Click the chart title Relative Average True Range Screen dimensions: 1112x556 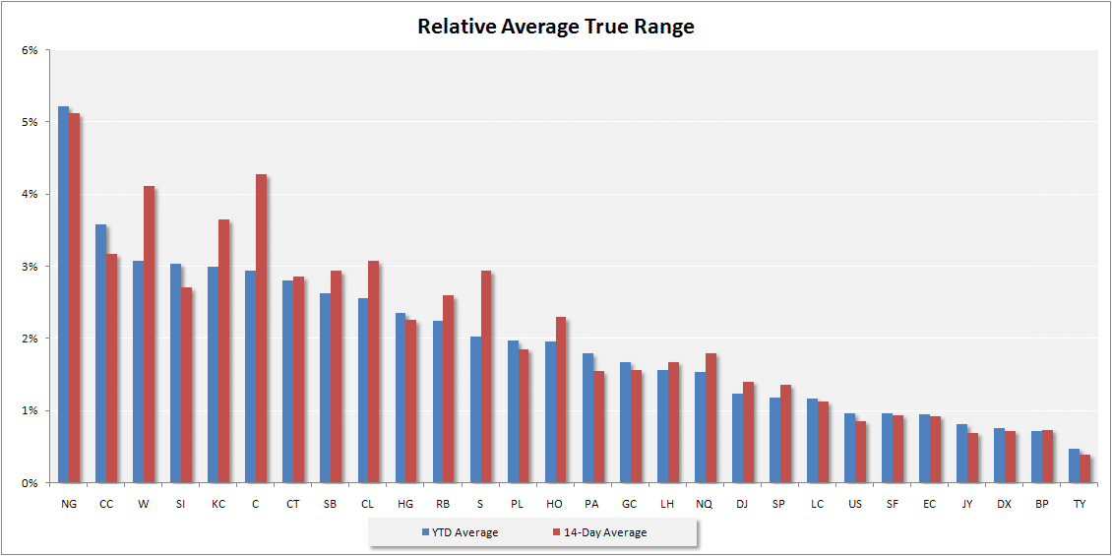555,27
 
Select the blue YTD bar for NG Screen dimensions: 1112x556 64,294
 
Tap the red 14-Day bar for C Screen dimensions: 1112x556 261,329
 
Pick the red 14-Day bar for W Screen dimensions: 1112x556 149,335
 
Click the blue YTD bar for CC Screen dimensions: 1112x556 100,354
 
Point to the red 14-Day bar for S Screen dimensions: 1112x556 486,377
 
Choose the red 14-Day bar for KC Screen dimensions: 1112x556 223,351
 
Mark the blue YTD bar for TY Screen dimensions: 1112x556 1074,465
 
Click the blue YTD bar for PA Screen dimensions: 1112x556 587,418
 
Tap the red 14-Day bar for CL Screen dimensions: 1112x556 374,372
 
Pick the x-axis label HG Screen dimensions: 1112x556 404,504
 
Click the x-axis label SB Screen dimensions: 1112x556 331,504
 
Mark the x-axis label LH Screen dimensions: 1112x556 666,504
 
